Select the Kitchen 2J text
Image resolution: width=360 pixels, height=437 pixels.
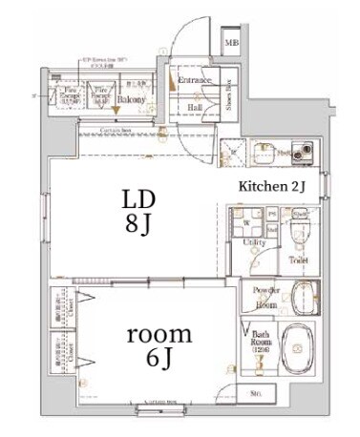pos(271,187)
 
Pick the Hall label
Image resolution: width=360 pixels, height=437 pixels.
pos(194,108)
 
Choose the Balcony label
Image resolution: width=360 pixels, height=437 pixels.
pos(131,98)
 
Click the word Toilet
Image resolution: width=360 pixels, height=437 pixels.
pos(297,258)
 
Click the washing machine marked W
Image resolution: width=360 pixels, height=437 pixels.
pos(246,224)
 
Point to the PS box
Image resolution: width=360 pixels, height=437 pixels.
pos(272,215)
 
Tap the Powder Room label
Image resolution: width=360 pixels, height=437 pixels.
pos(265,297)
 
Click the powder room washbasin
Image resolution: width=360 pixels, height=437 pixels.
pos(303,296)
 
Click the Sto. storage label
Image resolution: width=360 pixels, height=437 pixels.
pos(256,393)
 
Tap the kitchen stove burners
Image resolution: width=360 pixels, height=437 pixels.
pos(304,150)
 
